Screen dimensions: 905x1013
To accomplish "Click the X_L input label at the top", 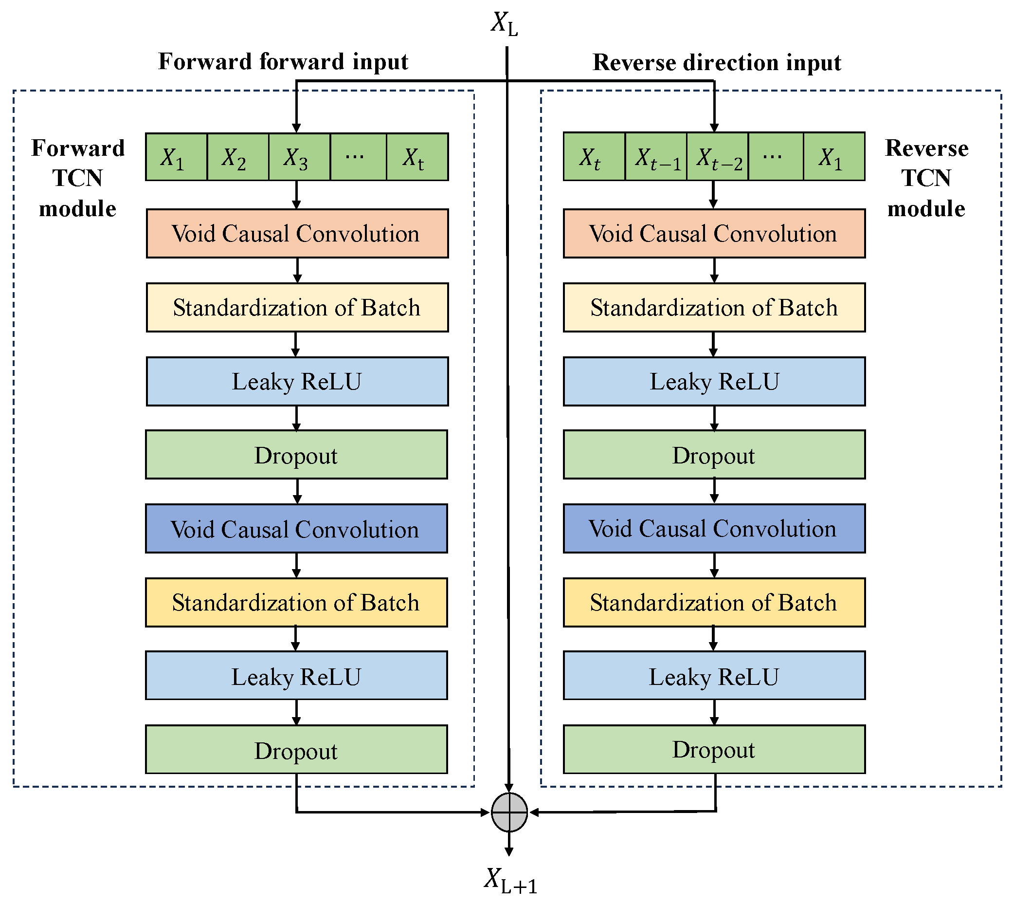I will pos(505,24).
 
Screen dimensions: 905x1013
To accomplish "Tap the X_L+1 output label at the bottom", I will pos(510,881).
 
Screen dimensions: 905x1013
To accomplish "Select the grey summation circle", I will pos(509,813).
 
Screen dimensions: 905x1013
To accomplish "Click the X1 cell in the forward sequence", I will pos(176,157).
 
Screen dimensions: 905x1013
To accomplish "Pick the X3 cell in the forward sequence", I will pos(299,157).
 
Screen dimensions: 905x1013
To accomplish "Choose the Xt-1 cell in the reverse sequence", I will pos(655,157).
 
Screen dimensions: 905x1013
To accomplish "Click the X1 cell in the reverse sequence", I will pos(833,157).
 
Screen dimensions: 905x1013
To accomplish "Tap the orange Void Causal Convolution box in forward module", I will pos(297,234).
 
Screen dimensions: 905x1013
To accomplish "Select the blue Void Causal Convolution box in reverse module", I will pos(714,529).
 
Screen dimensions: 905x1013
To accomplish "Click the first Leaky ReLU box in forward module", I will pos(297,381).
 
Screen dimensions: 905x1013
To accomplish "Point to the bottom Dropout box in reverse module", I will pos(714,749).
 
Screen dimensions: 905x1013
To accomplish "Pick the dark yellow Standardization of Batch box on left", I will pos(296,602).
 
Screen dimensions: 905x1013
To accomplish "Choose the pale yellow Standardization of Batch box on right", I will pos(714,308).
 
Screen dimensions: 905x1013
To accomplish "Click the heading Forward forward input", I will pos(283,62).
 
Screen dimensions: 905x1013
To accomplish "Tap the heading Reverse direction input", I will pos(717,63).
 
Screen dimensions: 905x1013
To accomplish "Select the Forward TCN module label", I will pos(77,178).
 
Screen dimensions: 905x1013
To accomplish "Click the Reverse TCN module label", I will pos(926,178).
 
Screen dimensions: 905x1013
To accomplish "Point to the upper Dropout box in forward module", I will pos(296,455).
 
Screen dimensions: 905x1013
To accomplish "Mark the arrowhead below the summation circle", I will pos(509,852).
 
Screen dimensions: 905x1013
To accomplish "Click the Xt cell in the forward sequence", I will pos(416,157).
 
